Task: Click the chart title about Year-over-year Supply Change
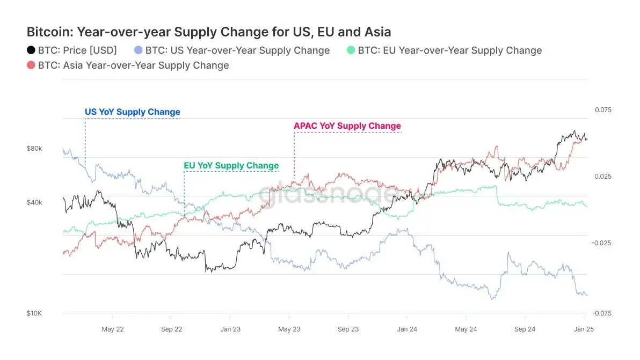209,32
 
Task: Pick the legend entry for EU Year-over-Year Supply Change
449,50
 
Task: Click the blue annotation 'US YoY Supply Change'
133,112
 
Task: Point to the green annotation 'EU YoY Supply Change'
231,165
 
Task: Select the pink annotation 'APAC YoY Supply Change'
347,126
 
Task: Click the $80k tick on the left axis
34,148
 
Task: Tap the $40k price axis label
34,202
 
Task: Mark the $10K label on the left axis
34,313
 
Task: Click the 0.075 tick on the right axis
603,110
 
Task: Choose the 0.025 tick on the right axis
603,177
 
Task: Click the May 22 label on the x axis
113,329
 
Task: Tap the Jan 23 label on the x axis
230,329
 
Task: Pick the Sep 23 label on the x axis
348,329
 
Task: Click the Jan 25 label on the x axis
583,329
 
